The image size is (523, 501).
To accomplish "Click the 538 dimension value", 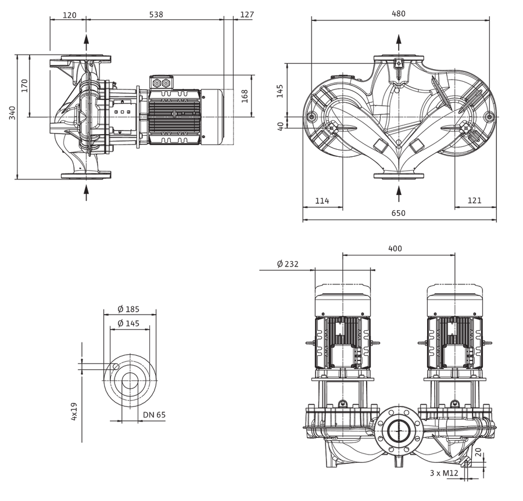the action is (156, 15).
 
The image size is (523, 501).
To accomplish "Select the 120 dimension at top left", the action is (69, 15).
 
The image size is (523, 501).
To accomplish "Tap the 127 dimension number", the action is (247, 15).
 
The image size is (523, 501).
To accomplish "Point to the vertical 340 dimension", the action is (12, 113).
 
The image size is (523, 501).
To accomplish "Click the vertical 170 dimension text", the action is (24, 85).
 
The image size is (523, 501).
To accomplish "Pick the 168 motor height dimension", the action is (245, 96).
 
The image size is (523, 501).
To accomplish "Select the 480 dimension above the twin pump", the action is (398, 14).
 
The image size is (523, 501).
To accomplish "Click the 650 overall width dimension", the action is (398, 213).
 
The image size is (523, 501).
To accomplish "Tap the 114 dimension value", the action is (322, 201).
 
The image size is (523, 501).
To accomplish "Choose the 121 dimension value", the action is (474, 200).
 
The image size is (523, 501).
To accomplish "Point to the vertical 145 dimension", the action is (280, 91).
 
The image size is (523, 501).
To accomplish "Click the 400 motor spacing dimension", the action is (395, 248).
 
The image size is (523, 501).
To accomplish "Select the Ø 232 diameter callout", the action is (288, 264).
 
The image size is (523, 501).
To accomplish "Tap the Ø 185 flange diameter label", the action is (128, 309).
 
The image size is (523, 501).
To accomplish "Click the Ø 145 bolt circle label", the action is (128, 323).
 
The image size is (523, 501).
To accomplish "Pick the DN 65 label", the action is (154, 415).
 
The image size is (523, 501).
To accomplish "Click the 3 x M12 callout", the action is (444, 473).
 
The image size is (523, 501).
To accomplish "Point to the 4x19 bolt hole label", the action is (74, 412).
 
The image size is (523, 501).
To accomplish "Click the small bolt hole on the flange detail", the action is (116, 366).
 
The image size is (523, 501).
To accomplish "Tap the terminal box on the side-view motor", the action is (162, 82).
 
